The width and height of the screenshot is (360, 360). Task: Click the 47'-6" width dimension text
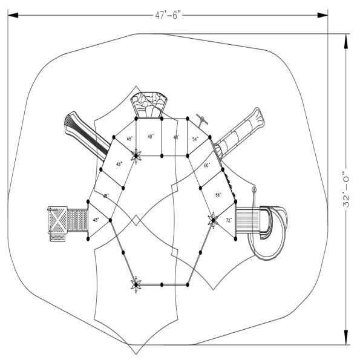point(168,16)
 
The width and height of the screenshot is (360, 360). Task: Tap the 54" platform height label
point(195,139)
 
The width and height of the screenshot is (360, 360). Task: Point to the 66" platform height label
point(218,194)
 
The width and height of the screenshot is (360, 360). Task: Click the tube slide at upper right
point(242,132)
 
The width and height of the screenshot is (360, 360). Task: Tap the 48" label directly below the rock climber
point(152,137)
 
